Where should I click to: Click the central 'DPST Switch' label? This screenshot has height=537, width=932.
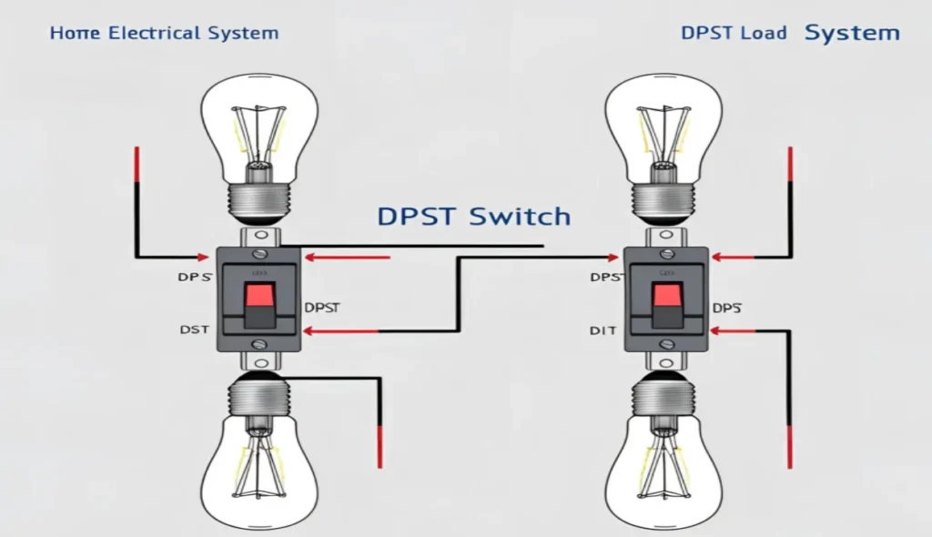(x=473, y=217)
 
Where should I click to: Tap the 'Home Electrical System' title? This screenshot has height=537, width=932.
(x=164, y=34)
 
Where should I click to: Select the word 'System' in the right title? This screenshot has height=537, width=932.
(x=852, y=34)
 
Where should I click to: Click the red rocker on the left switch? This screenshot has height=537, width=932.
(x=257, y=293)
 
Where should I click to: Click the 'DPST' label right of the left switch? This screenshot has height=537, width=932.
(x=322, y=307)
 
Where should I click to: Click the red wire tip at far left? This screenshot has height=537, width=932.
(x=137, y=164)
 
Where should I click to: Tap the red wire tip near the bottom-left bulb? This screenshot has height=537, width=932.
(x=380, y=451)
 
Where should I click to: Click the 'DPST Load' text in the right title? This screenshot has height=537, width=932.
(x=734, y=34)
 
